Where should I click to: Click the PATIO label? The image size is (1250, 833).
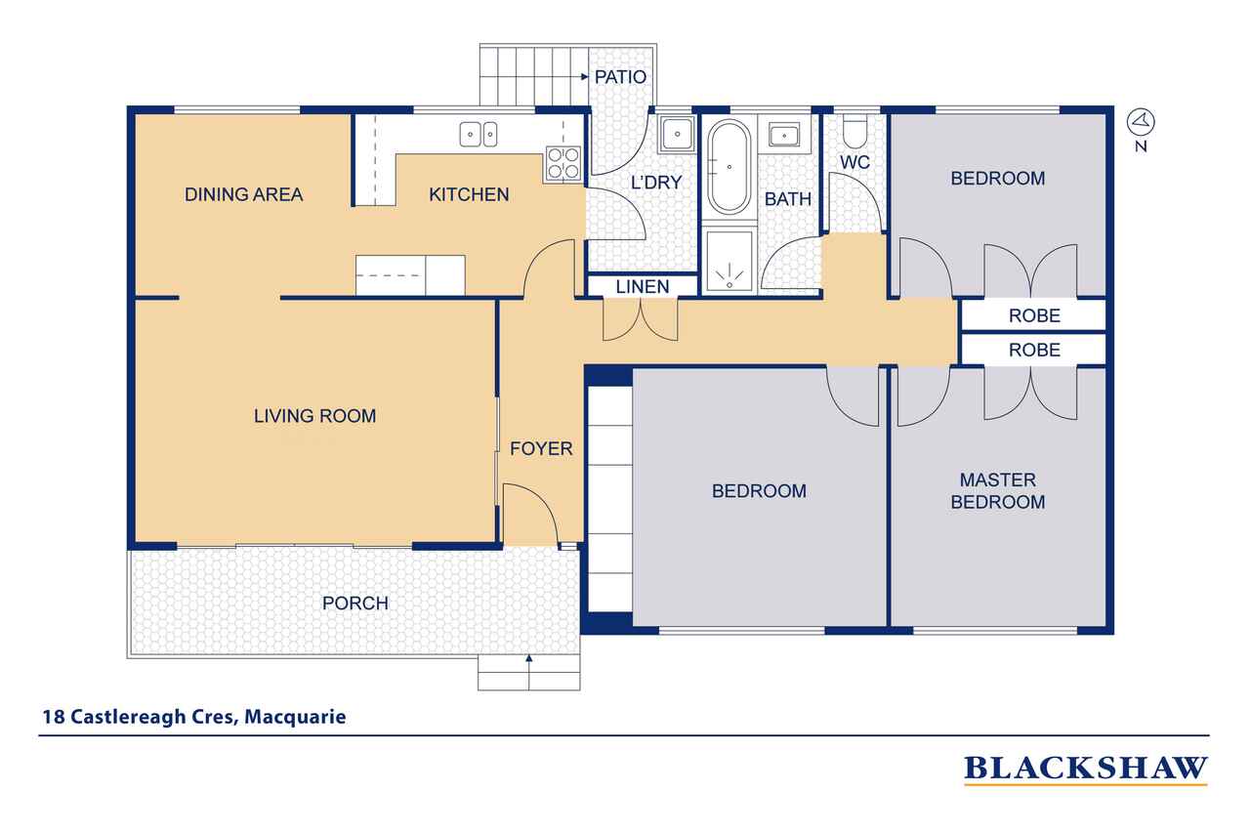coord(620,77)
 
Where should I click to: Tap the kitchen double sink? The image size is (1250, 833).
coord(479,135)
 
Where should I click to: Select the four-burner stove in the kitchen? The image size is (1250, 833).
coord(563,163)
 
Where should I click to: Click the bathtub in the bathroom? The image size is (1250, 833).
coord(729,166)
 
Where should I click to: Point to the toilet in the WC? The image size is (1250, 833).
coord(854,132)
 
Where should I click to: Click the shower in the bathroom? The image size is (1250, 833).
coord(729,261)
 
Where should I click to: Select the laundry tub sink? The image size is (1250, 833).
coord(677,134)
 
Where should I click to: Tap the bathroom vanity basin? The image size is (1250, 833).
coord(784,135)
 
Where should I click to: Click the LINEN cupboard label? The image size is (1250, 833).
coord(643,287)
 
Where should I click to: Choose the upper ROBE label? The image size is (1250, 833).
coord(1034,315)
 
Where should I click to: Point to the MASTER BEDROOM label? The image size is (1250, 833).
coord(998,491)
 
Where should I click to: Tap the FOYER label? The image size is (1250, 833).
coord(541,448)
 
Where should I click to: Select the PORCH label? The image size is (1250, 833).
coord(355,604)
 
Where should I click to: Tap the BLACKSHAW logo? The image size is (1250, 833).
coord(1086,769)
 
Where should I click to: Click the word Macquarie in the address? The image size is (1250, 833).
coord(295,717)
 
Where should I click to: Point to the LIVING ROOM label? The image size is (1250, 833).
coord(314,416)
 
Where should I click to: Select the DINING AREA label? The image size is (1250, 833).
coord(244,194)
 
